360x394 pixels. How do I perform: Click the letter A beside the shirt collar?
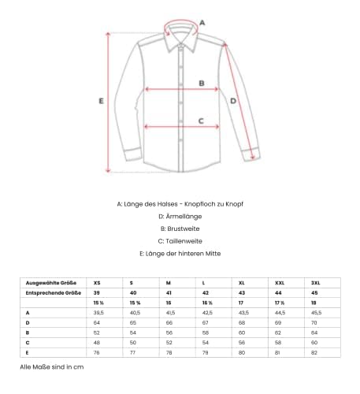[x=202, y=23]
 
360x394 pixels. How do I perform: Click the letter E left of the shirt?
[x=102, y=101]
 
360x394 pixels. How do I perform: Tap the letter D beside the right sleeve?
[x=232, y=101]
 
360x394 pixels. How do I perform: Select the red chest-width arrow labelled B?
[x=180, y=89]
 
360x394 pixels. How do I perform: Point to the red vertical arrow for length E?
[x=110, y=101]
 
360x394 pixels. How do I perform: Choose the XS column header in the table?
[x=98, y=281]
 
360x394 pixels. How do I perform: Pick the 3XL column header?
[x=315, y=281]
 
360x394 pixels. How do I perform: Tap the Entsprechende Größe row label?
[x=50, y=292]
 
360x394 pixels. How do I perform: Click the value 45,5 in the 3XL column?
[x=317, y=314]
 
